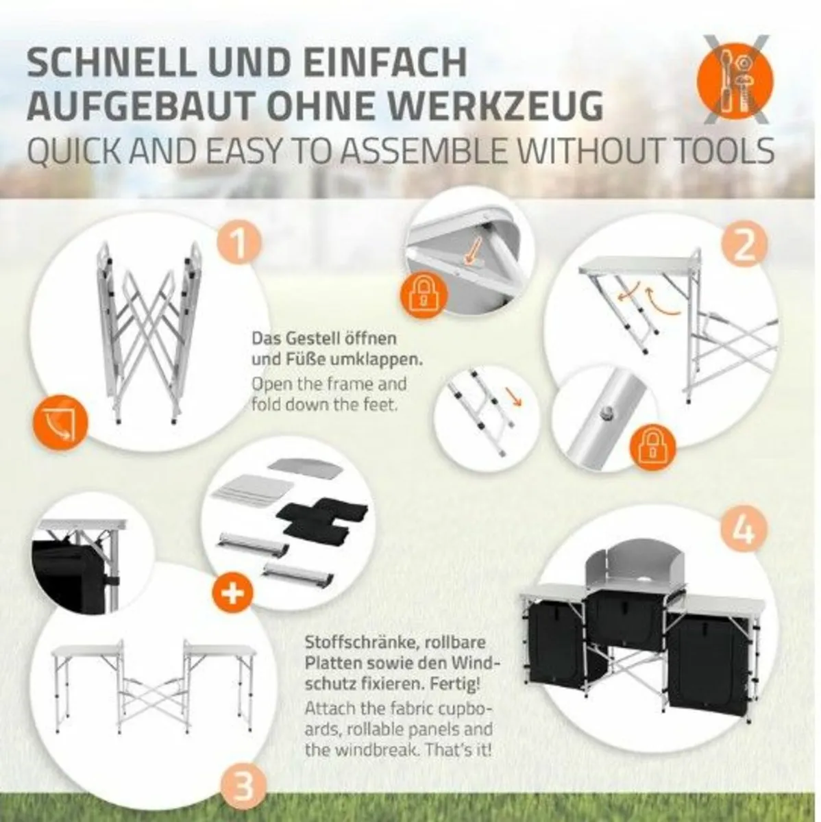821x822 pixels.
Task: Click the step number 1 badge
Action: coord(241,242)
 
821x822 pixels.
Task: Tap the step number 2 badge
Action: coord(744,246)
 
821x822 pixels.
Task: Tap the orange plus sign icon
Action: coord(232,593)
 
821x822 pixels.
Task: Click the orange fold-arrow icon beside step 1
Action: coord(60,421)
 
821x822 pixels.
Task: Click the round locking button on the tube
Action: coord(605,412)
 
